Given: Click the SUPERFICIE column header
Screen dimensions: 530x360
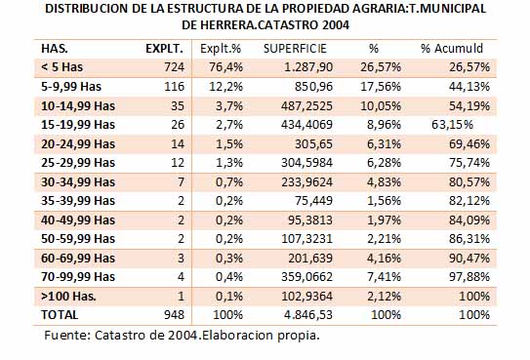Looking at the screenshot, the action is (295, 49).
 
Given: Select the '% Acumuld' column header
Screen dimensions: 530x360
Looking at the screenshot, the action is (452, 49).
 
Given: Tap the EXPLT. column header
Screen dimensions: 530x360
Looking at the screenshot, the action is (164, 49).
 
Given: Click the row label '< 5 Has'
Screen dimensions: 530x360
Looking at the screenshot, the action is (61, 67).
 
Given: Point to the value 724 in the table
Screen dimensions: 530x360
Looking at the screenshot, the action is (174, 67).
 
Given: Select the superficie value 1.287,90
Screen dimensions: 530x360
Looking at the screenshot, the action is (308, 67).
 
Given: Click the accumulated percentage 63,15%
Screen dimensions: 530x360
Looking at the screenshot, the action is (452, 125).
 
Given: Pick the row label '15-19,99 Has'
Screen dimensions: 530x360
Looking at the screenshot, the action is (78, 125).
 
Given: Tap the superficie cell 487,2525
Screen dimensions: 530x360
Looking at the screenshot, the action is (306, 106).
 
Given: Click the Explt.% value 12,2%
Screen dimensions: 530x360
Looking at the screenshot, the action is (225, 87).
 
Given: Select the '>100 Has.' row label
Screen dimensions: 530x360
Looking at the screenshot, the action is (68, 297).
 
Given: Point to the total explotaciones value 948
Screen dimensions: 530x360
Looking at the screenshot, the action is (174, 315).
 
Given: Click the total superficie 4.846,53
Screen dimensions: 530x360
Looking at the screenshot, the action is (308, 315).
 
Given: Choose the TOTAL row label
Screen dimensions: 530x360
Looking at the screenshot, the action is (60, 315).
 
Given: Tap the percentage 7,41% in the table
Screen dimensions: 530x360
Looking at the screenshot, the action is (384, 277).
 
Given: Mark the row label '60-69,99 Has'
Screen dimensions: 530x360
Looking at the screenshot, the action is (78, 258).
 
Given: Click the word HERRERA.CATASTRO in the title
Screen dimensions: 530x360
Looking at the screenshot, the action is (260, 24).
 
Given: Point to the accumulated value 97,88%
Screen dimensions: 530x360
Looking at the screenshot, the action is (469, 277).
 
